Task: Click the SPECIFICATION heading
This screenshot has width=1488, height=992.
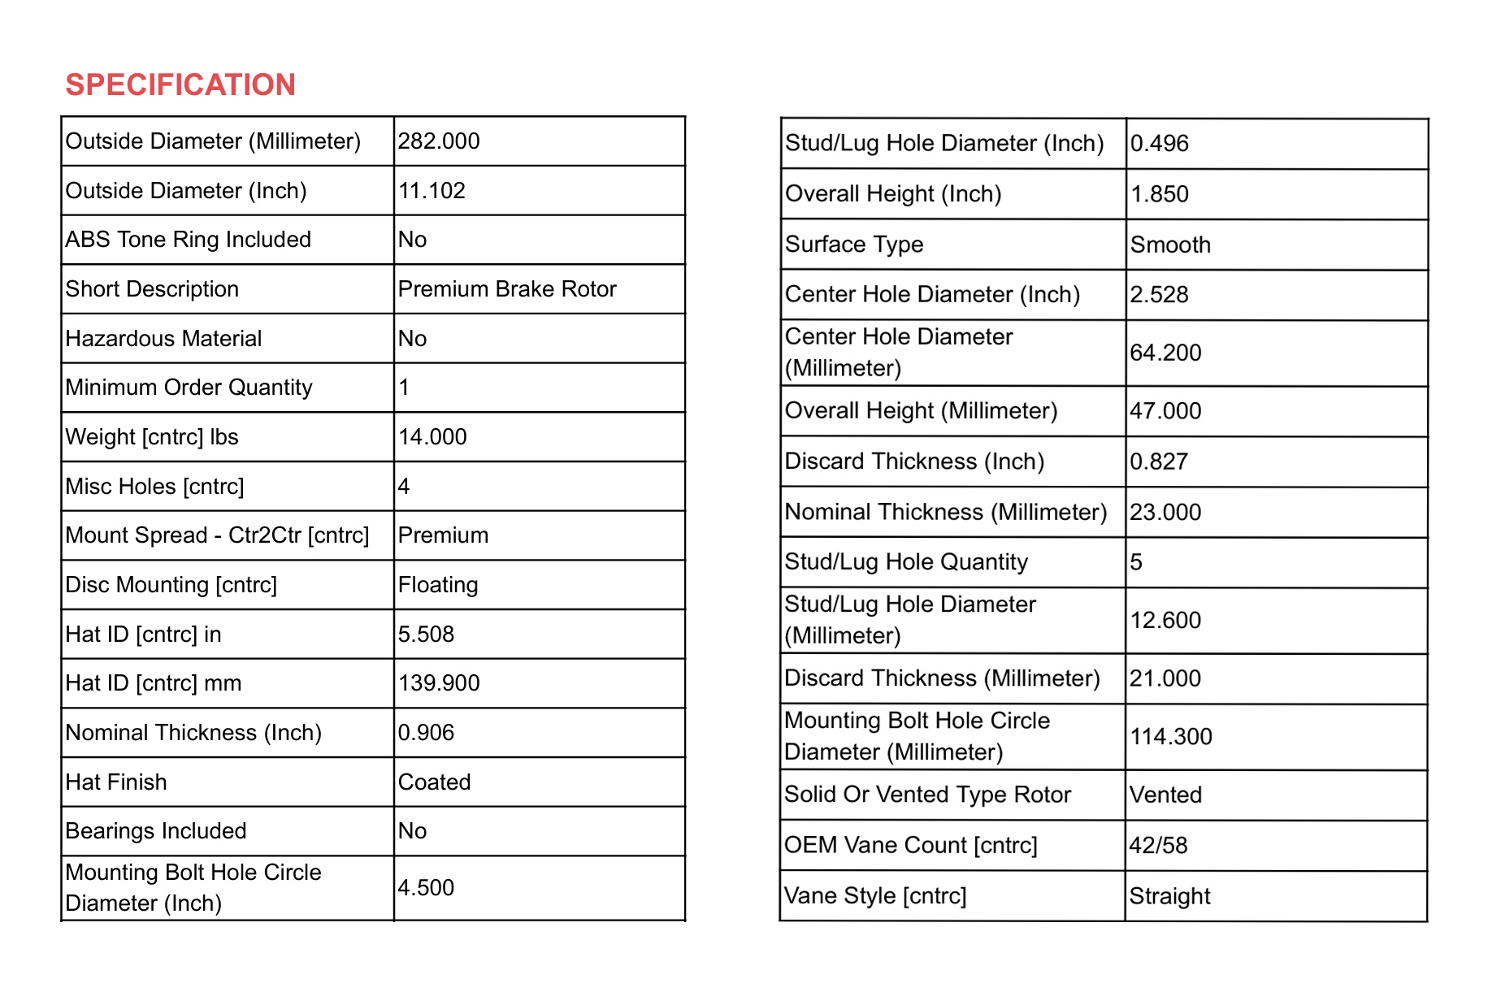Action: pyautogui.click(x=180, y=84)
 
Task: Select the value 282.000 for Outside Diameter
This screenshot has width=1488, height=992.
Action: pyautogui.click(x=439, y=141)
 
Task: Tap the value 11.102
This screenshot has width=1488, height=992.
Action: pyautogui.click(x=432, y=191)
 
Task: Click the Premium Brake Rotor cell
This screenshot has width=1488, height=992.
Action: pyautogui.click(x=507, y=289)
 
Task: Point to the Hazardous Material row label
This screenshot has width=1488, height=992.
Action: pyautogui.click(x=163, y=339)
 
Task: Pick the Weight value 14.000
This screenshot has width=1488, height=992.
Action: pyautogui.click(x=432, y=437)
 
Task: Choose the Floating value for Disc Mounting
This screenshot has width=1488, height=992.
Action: pyautogui.click(x=438, y=585)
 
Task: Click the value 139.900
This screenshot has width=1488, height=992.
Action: pyautogui.click(x=439, y=683)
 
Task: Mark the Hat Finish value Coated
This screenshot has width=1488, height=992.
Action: pyautogui.click(x=434, y=782)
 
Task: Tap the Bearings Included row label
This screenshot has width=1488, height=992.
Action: pyautogui.click(x=156, y=831)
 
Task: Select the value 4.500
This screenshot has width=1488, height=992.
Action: pyautogui.click(x=426, y=888)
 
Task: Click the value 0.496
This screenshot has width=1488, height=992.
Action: pyautogui.click(x=1160, y=144)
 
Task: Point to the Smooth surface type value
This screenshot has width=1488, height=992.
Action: pyautogui.click(x=1170, y=245)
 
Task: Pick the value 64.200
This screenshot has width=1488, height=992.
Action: pyautogui.click(x=1165, y=353)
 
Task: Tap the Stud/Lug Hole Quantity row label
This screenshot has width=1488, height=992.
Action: pyautogui.click(x=906, y=562)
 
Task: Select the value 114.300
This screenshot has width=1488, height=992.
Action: pyautogui.click(x=1171, y=737)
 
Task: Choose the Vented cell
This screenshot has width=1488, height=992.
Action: pyautogui.click(x=1165, y=795)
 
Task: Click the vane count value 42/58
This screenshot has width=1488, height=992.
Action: pyautogui.click(x=1158, y=846)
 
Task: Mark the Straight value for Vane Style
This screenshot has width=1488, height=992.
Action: pyautogui.click(x=1169, y=896)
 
